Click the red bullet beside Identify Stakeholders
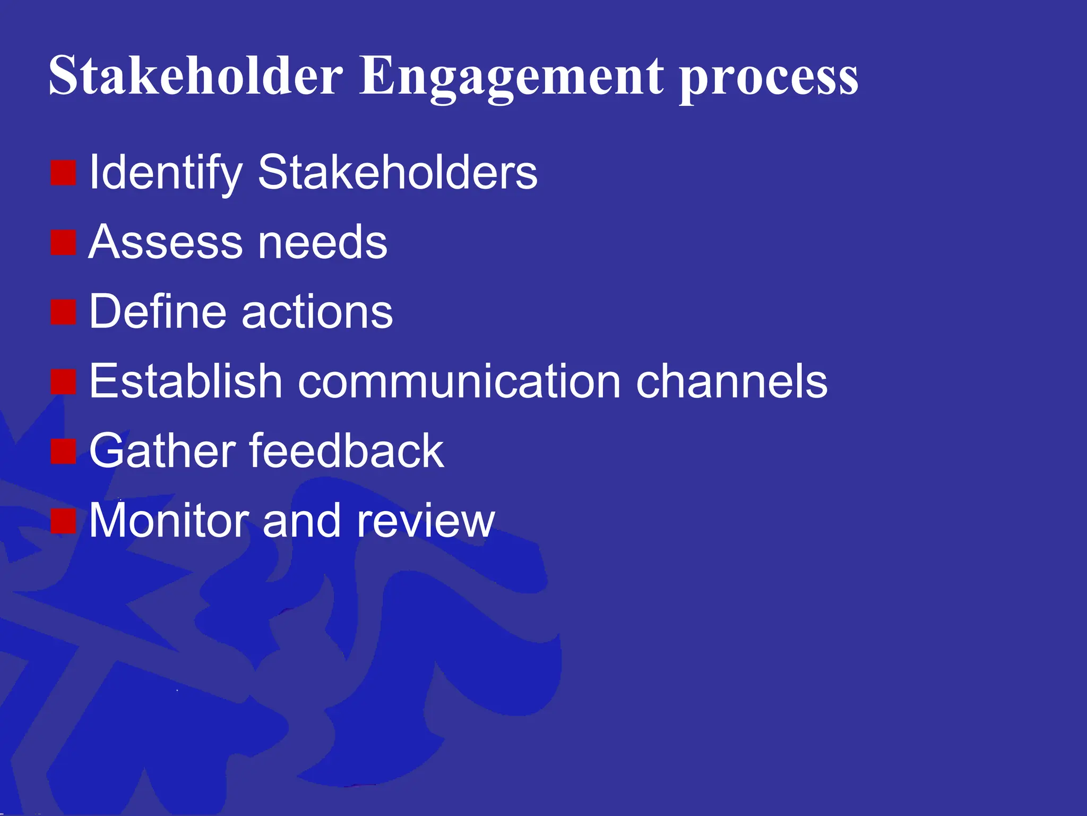(x=64, y=173)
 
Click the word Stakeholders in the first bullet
(x=398, y=173)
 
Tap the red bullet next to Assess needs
(x=64, y=242)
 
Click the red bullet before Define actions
(x=64, y=312)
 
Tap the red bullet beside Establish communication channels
(x=64, y=381)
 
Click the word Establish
(x=185, y=381)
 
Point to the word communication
(x=459, y=381)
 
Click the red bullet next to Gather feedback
(x=64, y=451)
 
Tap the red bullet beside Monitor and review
(x=64, y=521)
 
